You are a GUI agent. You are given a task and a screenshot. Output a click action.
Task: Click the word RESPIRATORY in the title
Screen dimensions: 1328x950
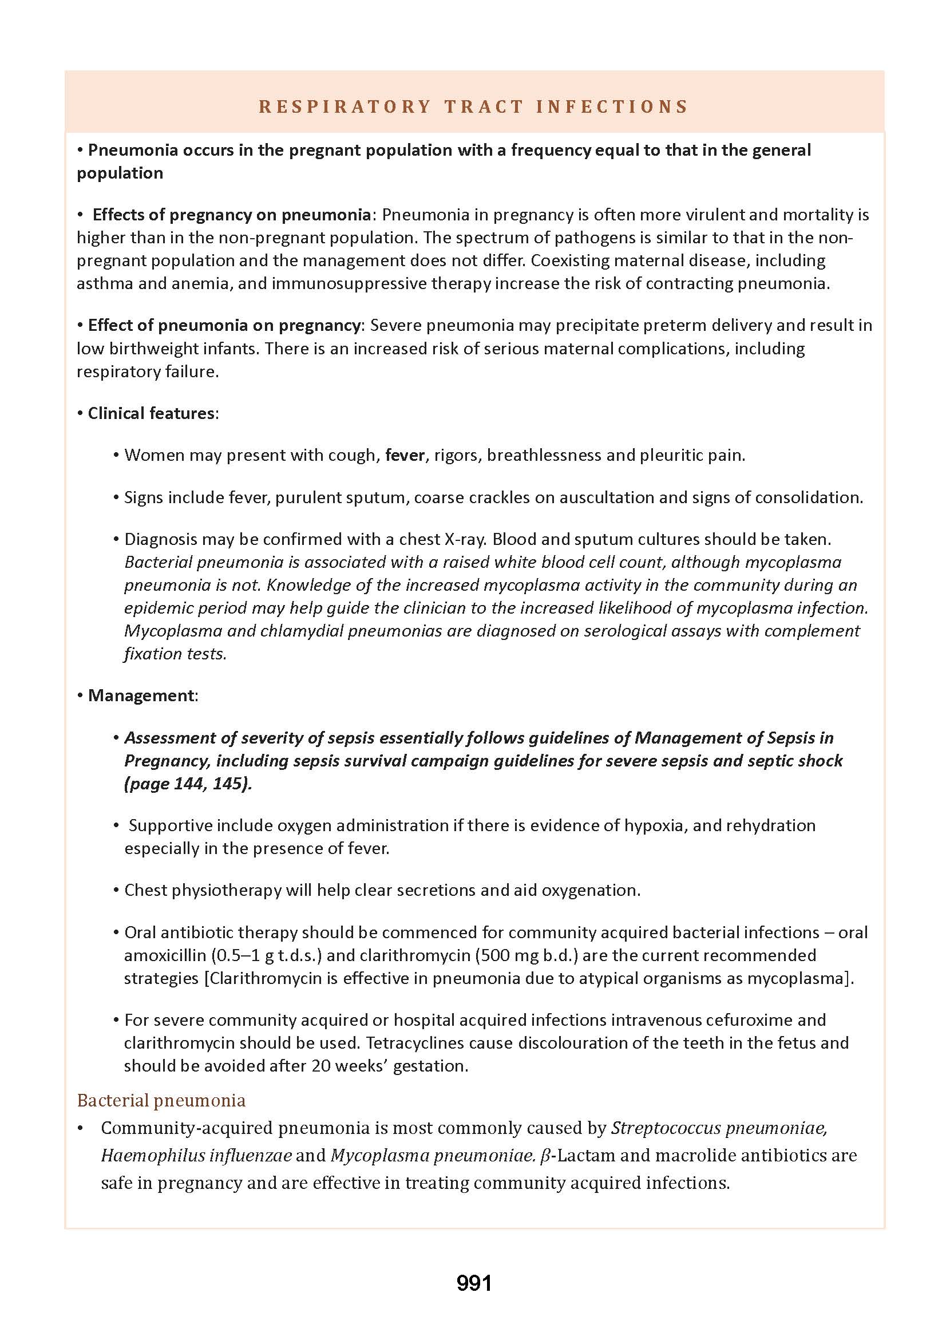point(345,106)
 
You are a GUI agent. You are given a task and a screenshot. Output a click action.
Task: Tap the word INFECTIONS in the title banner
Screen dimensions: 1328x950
point(612,106)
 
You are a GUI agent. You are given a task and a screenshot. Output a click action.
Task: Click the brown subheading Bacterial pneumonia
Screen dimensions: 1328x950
point(161,1100)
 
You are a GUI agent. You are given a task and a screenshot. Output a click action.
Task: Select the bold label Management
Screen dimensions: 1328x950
point(141,695)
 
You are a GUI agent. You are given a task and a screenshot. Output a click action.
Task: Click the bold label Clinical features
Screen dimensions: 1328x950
point(151,414)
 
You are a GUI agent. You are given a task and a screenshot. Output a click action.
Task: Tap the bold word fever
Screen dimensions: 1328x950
point(405,455)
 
